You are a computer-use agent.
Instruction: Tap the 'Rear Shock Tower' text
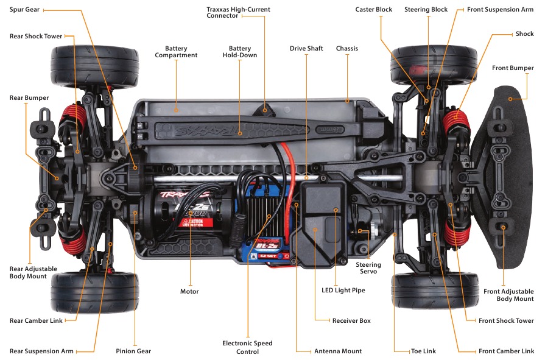(x=36, y=37)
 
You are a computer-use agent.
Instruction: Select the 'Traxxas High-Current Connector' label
(x=239, y=13)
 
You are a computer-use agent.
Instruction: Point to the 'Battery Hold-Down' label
(x=240, y=52)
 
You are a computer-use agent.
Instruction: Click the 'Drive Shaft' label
(x=306, y=48)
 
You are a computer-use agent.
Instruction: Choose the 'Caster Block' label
(x=374, y=10)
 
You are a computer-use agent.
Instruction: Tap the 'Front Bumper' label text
(x=513, y=68)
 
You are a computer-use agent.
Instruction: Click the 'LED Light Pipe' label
(x=343, y=291)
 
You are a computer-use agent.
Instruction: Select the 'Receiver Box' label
(x=351, y=320)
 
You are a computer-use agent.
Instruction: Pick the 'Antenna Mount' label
(x=338, y=351)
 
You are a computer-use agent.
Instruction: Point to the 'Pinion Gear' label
(x=133, y=351)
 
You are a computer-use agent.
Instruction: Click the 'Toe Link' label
(x=423, y=351)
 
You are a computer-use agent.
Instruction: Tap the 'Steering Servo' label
(x=368, y=268)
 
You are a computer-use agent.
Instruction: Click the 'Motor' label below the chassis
(x=189, y=291)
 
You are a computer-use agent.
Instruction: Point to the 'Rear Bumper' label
(x=29, y=97)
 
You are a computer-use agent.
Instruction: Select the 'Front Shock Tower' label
(x=506, y=320)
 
